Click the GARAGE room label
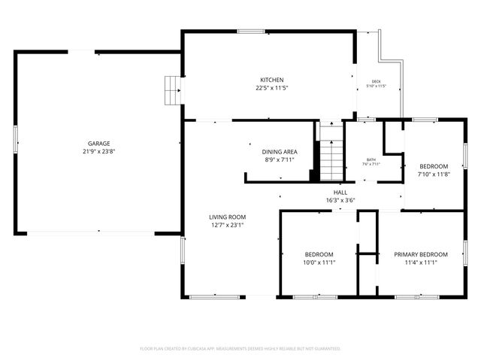coord(99,143)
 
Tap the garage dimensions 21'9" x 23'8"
coord(99,151)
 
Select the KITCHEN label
coord(271,80)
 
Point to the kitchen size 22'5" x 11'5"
coord(271,88)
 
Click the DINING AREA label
coord(278,151)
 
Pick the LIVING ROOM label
coord(227,217)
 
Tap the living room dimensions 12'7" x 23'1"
coord(227,225)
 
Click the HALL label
coord(340,193)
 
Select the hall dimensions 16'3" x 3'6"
coord(340,201)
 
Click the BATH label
coord(371,159)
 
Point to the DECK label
coord(376,81)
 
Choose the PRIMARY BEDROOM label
coord(421,254)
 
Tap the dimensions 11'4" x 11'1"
coord(421,262)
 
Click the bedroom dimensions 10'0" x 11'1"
coord(319,262)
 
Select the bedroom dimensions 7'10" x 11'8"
coord(434,174)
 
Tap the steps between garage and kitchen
coord(174,90)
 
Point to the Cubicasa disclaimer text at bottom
coord(240,349)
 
